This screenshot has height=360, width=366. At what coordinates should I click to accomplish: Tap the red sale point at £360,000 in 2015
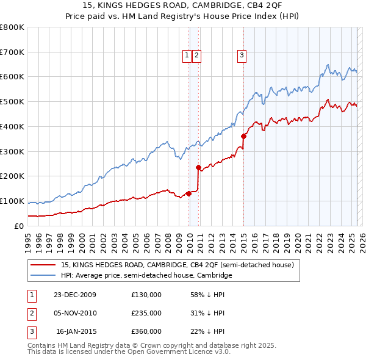(243, 136)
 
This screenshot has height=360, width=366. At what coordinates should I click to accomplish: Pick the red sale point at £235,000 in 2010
(198, 167)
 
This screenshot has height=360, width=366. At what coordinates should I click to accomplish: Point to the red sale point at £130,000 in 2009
(189, 193)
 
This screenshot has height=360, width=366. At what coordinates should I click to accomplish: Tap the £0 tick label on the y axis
(19, 226)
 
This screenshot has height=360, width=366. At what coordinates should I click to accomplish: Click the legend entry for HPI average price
(146, 275)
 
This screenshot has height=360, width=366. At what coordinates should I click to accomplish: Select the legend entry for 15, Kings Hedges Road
(178, 265)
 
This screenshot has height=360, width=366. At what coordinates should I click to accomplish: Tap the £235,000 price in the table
(146, 313)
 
